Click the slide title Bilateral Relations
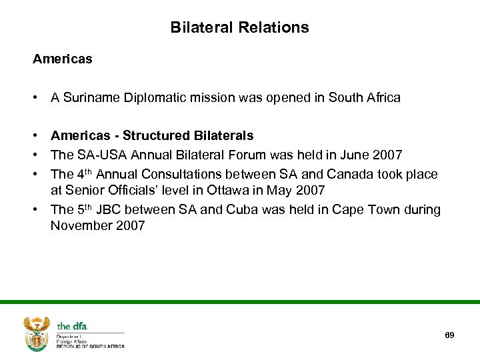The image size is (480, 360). (239, 27)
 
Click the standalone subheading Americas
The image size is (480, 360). (63, 59)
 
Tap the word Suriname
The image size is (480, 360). (90, 98)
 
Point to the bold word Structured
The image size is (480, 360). (157, 135)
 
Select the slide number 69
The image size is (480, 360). (449, 335)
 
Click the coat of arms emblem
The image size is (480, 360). (37, 333)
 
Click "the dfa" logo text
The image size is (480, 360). (72, 326)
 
